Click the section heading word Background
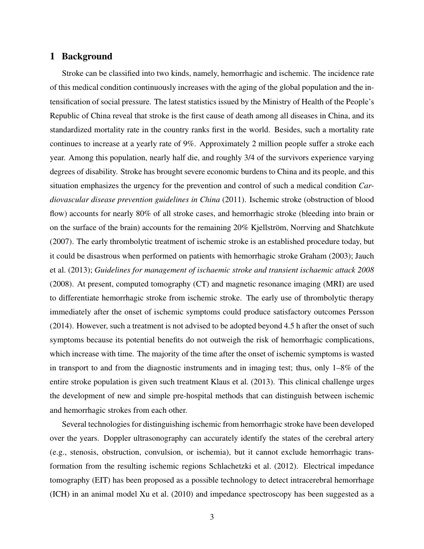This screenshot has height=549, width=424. coord(87,56)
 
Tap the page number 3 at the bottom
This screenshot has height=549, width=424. coord(212,517)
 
